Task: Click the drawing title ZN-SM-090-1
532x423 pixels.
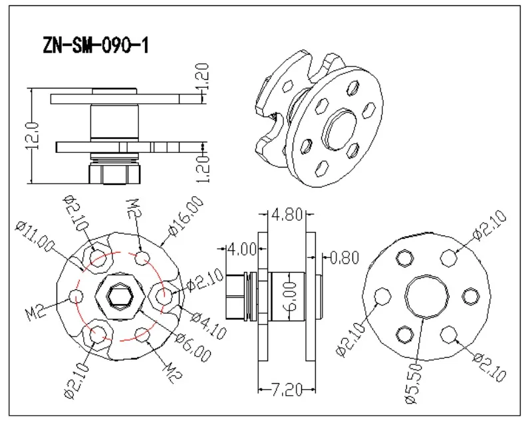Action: pyautogui.click(x=96, y=45)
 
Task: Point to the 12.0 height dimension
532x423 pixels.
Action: pyautogui.click(x=33, y=136)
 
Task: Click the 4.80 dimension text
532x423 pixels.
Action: pyautogui.click(x=287, y=214)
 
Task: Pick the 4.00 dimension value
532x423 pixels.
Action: pyautogui.click(x=242, y=249)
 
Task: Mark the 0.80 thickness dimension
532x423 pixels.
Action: pyautogui.click(x=344, y=258)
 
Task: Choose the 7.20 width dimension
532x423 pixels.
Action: pyautogui.click(x=287, y=390)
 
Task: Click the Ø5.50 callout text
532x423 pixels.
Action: pyautogui.click(x=414, y=384)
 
